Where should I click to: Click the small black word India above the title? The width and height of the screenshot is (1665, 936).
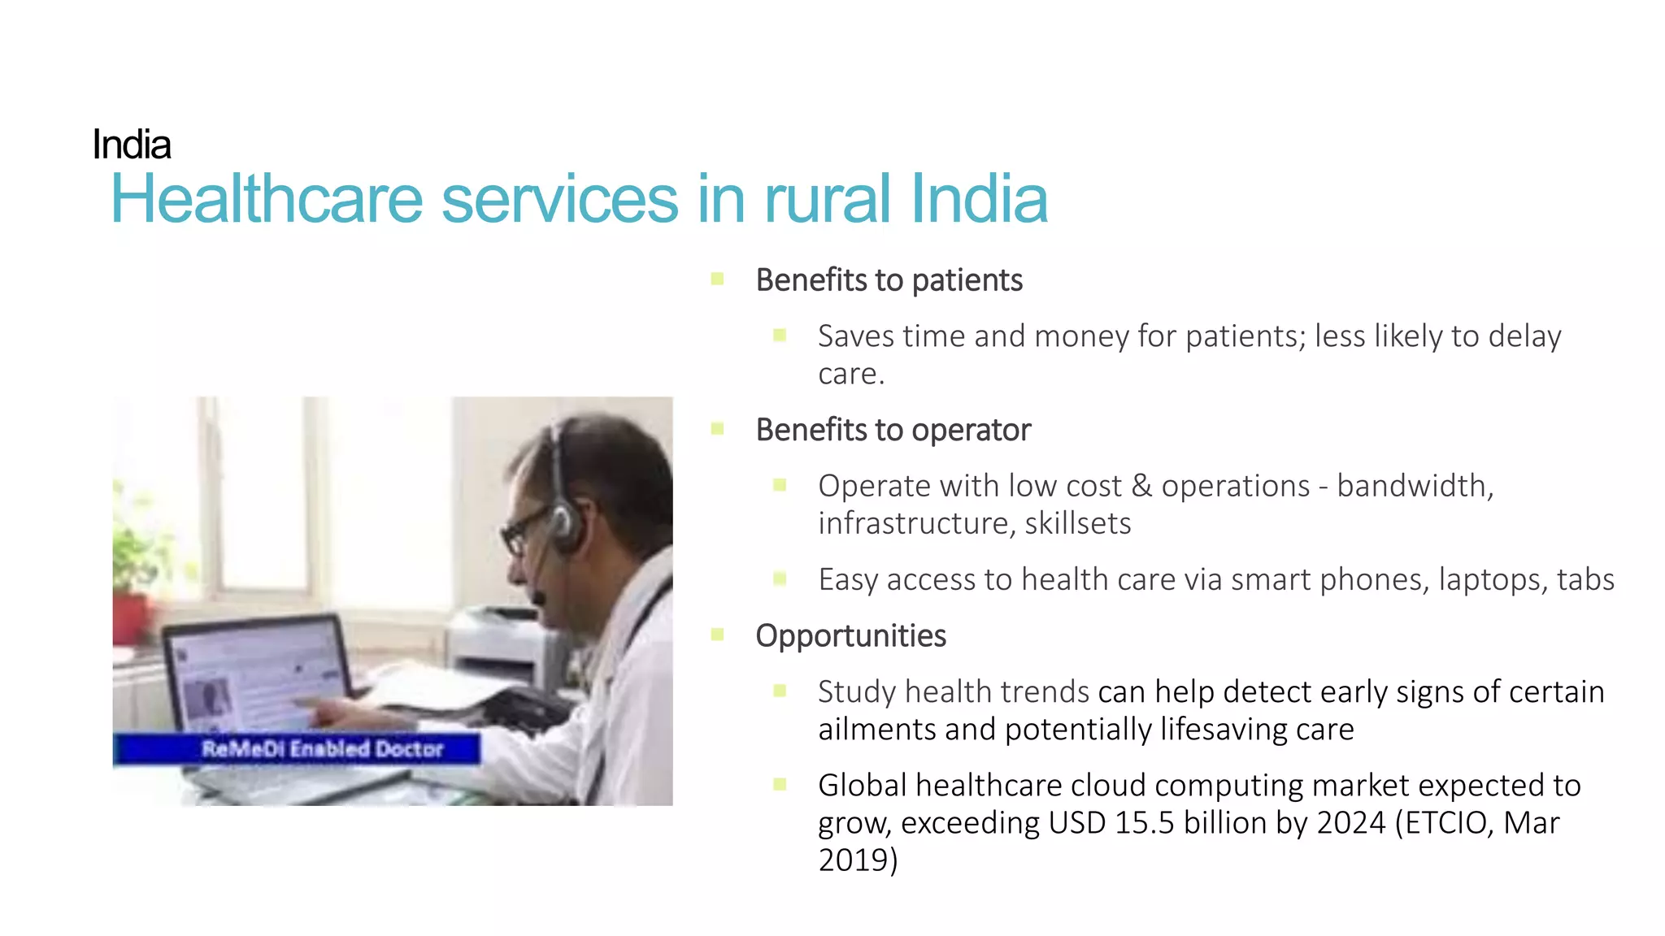pos(132,145)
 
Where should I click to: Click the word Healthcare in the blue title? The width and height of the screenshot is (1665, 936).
pos(267,199)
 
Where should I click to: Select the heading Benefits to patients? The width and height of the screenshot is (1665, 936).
pos(889,280)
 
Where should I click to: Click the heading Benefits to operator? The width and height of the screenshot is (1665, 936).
pos(893,430)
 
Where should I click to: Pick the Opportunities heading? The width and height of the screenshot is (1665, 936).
pos(850,635)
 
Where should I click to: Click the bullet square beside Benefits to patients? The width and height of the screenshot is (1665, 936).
pos(717,279)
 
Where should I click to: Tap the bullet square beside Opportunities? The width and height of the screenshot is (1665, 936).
pos(717,635)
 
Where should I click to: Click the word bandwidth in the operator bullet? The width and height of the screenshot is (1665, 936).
pos(1413,486)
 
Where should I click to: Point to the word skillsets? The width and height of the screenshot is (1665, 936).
pos(1077,523)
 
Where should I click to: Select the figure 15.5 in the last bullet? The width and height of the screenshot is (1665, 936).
pos(1144,823)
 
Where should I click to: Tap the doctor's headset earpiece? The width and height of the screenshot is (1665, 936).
pos(563,526)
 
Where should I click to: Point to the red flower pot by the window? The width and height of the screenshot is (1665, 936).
pos(130,619)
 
